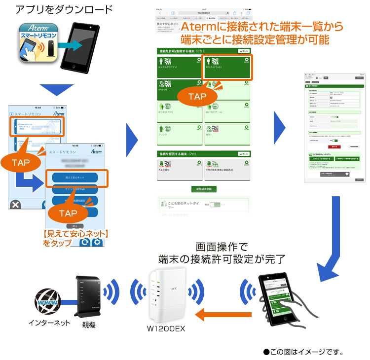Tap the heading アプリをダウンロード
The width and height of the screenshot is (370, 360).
64,9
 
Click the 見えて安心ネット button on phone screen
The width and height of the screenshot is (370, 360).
76,177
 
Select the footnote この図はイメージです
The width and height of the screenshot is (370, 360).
303,352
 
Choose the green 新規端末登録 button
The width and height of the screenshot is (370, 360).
204,189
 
